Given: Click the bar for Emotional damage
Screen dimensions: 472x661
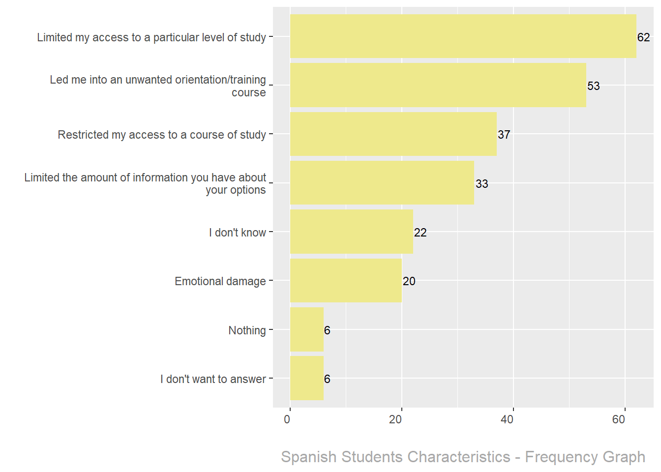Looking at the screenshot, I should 346,281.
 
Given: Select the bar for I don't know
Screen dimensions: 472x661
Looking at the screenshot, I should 351,232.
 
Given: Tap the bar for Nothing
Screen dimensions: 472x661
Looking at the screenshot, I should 307,329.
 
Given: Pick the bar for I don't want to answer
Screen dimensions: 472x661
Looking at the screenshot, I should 307,378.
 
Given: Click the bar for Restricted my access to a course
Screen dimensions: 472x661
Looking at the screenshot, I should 393,134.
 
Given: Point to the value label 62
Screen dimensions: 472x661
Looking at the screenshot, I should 643,37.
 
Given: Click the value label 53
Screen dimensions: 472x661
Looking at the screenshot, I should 593,86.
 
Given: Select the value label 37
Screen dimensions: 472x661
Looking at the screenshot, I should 504,135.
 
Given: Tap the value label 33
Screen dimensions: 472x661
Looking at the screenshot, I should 481,184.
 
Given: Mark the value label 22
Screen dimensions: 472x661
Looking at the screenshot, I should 420,233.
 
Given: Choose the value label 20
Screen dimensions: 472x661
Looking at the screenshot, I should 409,281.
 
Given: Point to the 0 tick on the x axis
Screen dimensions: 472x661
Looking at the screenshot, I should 287,419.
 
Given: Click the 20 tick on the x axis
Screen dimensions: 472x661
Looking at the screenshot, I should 395,419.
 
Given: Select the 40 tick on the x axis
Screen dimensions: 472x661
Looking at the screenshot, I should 507,419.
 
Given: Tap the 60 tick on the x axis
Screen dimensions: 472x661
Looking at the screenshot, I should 619,419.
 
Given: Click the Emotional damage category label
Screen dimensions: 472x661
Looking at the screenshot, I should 220,281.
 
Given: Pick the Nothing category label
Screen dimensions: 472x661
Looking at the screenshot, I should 247,330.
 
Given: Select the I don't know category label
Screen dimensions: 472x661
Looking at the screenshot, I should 237,233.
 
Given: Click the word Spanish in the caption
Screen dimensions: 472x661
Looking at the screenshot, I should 309,457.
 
